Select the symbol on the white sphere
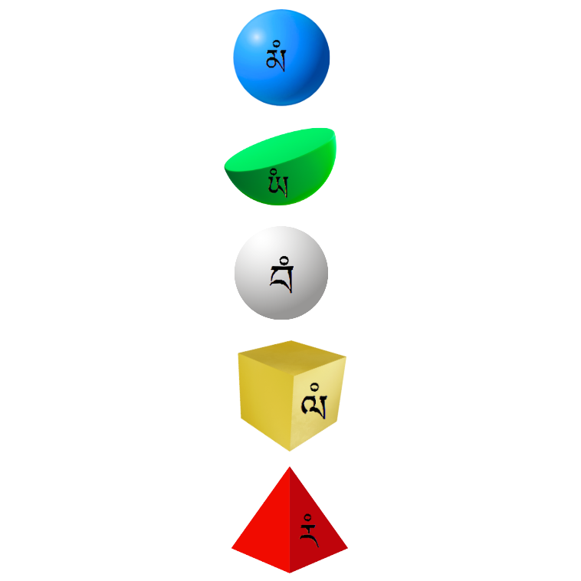[281, 274]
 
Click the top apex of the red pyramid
[289, 467]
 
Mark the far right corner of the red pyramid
[346, 549]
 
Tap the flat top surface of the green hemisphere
[284, 149]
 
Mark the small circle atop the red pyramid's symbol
[307, 516]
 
